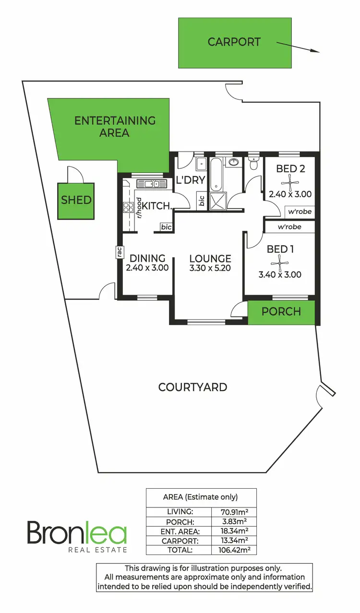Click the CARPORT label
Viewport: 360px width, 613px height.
(x=234, y=42)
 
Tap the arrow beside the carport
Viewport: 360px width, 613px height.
(x=298, y=47)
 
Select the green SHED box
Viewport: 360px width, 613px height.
(x=76, y=200)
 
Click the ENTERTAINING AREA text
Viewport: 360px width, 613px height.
(x=115, y=126)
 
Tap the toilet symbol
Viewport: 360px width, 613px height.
(x=254, y=165)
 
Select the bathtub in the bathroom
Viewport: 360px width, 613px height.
(x=216, y=174)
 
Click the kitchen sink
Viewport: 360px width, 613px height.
(x=151, y=183)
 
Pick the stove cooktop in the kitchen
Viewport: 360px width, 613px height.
(x=129, y=207)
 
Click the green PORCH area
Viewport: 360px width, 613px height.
(x=281, y=312)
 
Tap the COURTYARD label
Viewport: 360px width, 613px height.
(x=192, y=387)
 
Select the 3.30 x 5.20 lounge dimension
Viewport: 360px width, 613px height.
(x=210, y=268)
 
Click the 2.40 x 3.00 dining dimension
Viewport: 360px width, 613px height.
(x=147, y=268)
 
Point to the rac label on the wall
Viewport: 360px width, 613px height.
(x=118, y=252)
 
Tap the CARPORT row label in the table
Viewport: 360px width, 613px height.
(x=178, y=541)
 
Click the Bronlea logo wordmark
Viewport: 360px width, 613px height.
(x=77, y=533)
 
